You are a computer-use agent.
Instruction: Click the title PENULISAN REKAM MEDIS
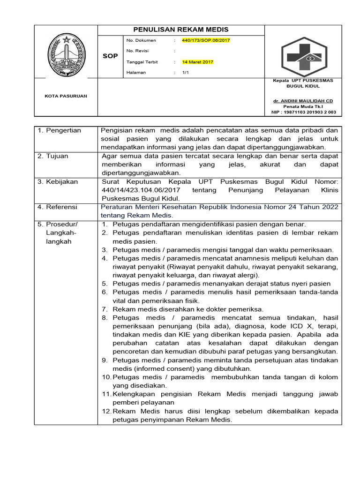[181, 30]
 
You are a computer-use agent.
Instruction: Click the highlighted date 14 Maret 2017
[197, 62]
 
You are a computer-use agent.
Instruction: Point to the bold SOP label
[110, 56]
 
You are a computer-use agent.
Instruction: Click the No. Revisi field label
[137, 51]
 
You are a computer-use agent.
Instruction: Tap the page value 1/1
[185, 73]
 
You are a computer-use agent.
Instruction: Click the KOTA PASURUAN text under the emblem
[66, 96]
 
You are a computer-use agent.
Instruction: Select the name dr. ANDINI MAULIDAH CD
[303, 101]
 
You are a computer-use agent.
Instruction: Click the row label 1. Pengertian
[60, 130]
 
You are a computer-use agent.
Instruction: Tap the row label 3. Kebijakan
[58, 181]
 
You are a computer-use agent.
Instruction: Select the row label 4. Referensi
[58, 207]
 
